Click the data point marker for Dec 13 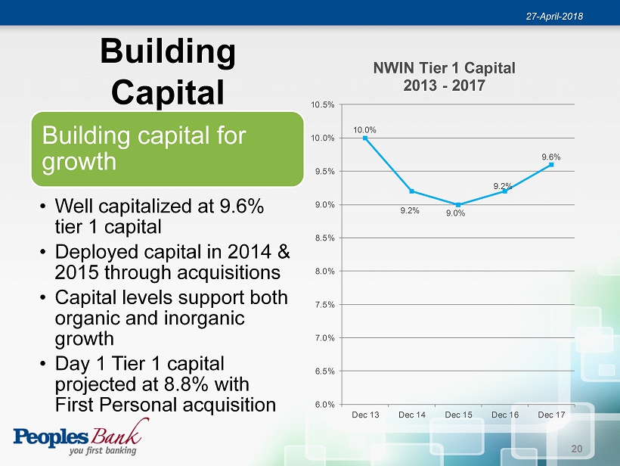pos(365,138)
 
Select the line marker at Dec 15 pos(458,205)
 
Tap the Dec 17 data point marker pos(551,165)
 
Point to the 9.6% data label pos(550,157)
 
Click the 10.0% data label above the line pos(364,130)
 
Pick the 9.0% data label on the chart pos(455,213)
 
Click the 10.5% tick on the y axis pos(323,105)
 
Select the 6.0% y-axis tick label pos(324,404)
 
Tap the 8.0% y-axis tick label pos(324,272)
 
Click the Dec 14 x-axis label pos(411,415)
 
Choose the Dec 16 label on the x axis pos(505,415)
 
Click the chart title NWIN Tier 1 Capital pos(444,68)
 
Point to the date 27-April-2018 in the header pos(554,16)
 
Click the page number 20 pos(576,449)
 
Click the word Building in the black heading pos(168,51)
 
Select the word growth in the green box pos(79,161)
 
